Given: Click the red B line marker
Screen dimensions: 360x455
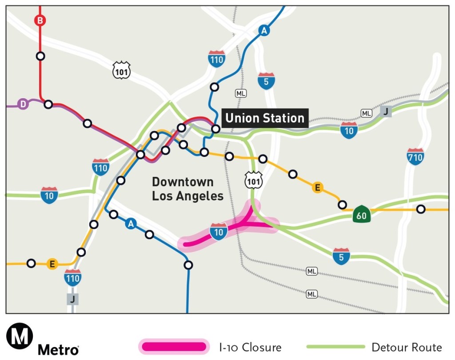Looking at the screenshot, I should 40,20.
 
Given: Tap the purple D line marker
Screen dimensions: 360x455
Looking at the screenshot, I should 23,104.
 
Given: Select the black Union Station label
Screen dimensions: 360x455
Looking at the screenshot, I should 265,118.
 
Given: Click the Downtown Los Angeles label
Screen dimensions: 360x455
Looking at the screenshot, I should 188,189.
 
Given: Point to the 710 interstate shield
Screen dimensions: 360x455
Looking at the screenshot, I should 415,157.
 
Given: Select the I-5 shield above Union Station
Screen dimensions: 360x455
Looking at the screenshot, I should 266,81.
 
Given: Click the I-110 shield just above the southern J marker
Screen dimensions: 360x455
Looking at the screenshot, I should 72,278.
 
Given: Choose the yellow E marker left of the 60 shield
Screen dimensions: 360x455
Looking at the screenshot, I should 317,188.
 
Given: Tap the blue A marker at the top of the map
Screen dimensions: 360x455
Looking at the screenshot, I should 264,31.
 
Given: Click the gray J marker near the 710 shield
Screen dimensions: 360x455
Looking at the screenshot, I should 386,111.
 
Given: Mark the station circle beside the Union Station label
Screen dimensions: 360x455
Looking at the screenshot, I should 216,129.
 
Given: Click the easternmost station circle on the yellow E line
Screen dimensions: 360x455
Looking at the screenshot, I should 420,209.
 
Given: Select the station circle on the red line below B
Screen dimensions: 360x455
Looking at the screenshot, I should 40,56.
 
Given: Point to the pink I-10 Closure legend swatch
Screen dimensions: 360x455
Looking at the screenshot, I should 174,347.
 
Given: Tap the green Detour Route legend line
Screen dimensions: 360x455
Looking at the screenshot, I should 336,347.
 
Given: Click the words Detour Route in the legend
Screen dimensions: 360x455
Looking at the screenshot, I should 407,347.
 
